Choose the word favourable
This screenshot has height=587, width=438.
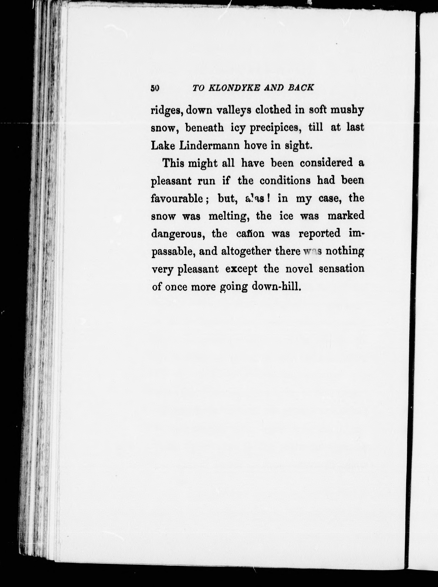[177, 198]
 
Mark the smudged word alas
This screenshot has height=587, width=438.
[255, 198]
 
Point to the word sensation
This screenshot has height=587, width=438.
[341, 269]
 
